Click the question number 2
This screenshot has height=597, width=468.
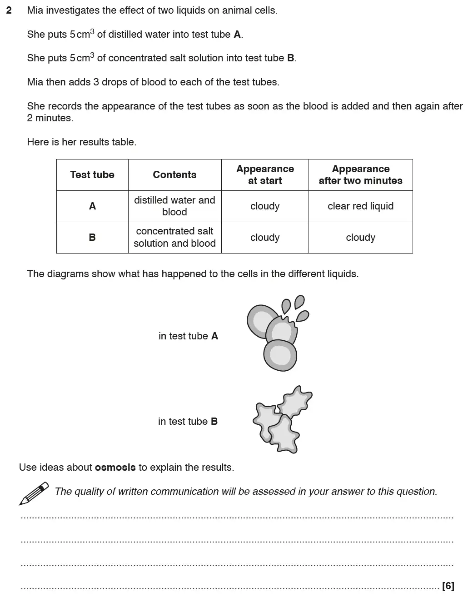point(9,10)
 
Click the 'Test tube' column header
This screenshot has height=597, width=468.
point(92,175)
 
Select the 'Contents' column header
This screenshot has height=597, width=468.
point(174,175)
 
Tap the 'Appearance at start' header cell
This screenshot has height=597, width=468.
point(265,175)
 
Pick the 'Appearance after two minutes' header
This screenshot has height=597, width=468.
point(360,175)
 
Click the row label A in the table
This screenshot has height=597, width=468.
point(92,206)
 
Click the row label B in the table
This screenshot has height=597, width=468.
point(92,238)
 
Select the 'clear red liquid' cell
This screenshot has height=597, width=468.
point(360,206)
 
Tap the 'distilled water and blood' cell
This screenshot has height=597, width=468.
point(174,206)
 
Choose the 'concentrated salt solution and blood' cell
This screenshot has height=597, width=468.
point(174,238)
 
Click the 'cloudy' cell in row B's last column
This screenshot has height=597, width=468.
point(360,238)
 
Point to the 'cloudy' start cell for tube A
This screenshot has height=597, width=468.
point(265,206)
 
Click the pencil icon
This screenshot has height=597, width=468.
point(34,493)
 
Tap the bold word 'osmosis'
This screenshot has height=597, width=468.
point(115,468)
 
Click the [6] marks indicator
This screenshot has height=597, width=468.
point(448,586)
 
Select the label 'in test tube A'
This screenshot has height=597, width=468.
point(188,336)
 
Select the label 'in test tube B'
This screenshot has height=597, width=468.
point(188,422)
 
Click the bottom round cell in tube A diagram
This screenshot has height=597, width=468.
point(280,355)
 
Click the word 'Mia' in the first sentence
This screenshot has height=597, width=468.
point(35,10)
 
